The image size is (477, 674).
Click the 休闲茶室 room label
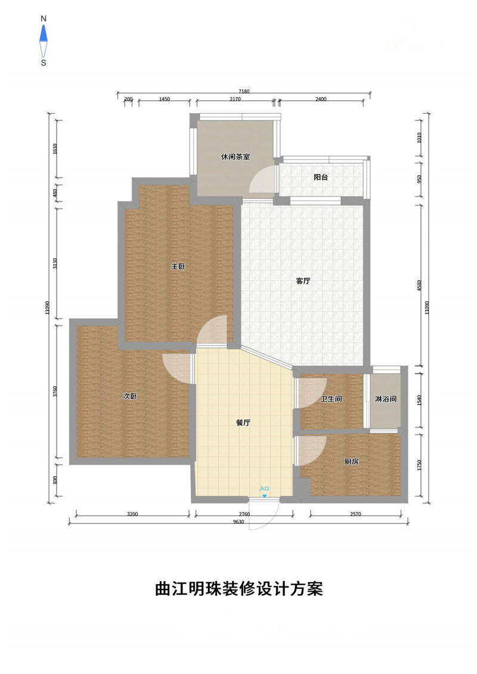[x=236, y=157]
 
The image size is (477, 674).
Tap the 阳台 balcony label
[x=321, y=177]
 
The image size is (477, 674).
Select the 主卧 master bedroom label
[x=178, y=266]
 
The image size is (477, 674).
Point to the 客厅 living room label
[x=303, y=281]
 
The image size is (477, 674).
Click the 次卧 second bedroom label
[x=130, y=396]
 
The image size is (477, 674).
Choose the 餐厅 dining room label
[x=243, y=423]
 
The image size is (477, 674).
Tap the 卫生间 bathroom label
[x=331, y=399]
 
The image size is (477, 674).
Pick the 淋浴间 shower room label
[x=385, y=399]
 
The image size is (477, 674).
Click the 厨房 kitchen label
[x=351, y=462]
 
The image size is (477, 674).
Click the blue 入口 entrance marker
[x=265, y=491]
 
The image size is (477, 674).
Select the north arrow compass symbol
[x=44, y=41]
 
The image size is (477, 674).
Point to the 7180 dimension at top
[x=244, y=91]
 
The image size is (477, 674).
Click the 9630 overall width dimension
[x=238, y=522]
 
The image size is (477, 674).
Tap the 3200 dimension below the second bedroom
[x=132, y=514]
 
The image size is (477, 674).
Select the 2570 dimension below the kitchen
[x=356, y=514]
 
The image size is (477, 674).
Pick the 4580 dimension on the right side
[x=419, y=285]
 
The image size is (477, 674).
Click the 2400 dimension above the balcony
[x=321, y=99]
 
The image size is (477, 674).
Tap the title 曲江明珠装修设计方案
[x=238, y=588]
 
